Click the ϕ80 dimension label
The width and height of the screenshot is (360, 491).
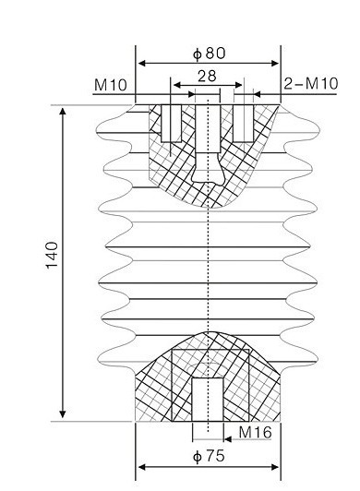pyautogui.click(x=209, y=54)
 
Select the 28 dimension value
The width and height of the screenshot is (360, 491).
pyautogui.click(x=207, y=76)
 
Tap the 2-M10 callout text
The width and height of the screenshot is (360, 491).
pyautogui.click(x=311, y=84)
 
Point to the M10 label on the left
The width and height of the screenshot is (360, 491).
pyautogui.click(x=110, y=85)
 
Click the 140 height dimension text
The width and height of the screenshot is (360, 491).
pyautogui.click(x=53, y=256)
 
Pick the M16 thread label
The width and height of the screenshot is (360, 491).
pyautogui.click(x=255, y=433)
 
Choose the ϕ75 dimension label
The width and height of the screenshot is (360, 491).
pyautogui.click(x=209, y=456)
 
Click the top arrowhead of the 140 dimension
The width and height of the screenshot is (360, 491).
pyautogui.click(x=63, y=112)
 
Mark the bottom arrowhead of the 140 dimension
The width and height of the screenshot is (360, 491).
pyautogui.click(x=63, y=414)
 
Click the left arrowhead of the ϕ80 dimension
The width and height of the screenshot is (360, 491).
pyautogui.click(x=142, y=64)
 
